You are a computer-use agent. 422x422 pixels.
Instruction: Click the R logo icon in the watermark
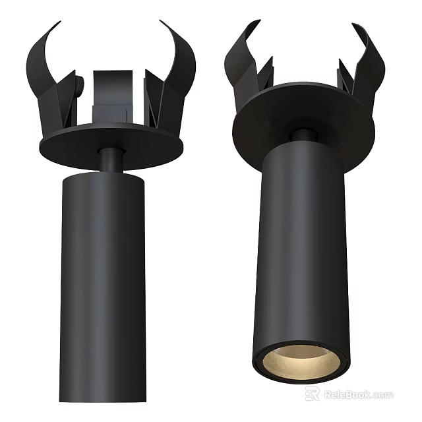coord(312,394)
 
